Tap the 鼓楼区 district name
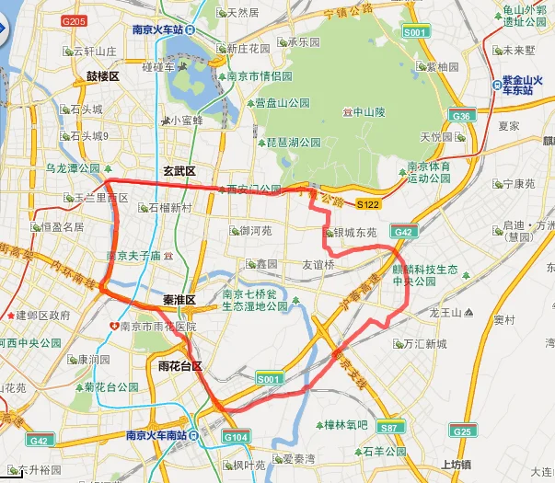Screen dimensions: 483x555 coord(103,76)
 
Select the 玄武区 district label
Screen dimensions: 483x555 coord(179,171)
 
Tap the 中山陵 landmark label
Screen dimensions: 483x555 coord(367,112)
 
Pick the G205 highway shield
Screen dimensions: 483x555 coord(74,20)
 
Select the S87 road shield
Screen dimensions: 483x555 coord(391,428)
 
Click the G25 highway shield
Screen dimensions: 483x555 coord(461,431)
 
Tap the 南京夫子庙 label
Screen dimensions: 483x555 coord(133,256)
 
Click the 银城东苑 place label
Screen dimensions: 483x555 coord(354,234)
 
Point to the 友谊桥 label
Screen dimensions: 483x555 coord(318,264)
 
